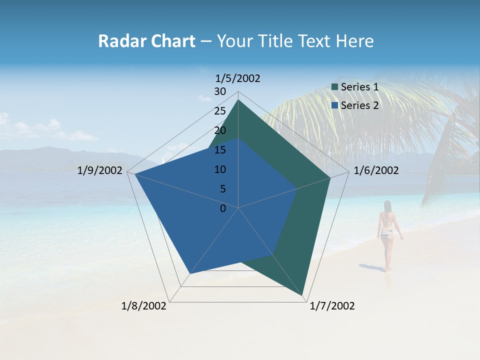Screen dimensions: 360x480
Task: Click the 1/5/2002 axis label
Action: [238, 78]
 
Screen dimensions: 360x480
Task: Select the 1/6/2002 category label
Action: [376, 170]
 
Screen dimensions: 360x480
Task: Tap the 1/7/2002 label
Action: [332, 306]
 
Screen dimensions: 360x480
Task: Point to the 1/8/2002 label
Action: [144, 306]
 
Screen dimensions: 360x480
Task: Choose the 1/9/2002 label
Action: [100, 170]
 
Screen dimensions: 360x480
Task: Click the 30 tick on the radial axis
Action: [220, 91]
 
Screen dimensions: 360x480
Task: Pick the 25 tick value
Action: [220, 111]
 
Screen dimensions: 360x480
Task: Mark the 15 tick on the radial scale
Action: [220, 150]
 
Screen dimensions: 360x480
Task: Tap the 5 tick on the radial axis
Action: [222, 189]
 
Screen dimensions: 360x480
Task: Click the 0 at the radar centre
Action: [223, 208]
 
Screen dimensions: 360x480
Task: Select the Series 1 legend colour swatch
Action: [334, 87]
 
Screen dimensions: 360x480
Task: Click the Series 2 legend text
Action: [359, 105]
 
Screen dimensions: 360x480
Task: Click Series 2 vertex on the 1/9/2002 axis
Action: [134, 174]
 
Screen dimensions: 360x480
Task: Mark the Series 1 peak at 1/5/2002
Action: [238, 99]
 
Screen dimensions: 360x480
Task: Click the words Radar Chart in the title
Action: [146, 41]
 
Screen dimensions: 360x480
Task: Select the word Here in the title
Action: [355, 41]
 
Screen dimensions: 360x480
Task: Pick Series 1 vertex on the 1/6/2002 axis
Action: [330, 177]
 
